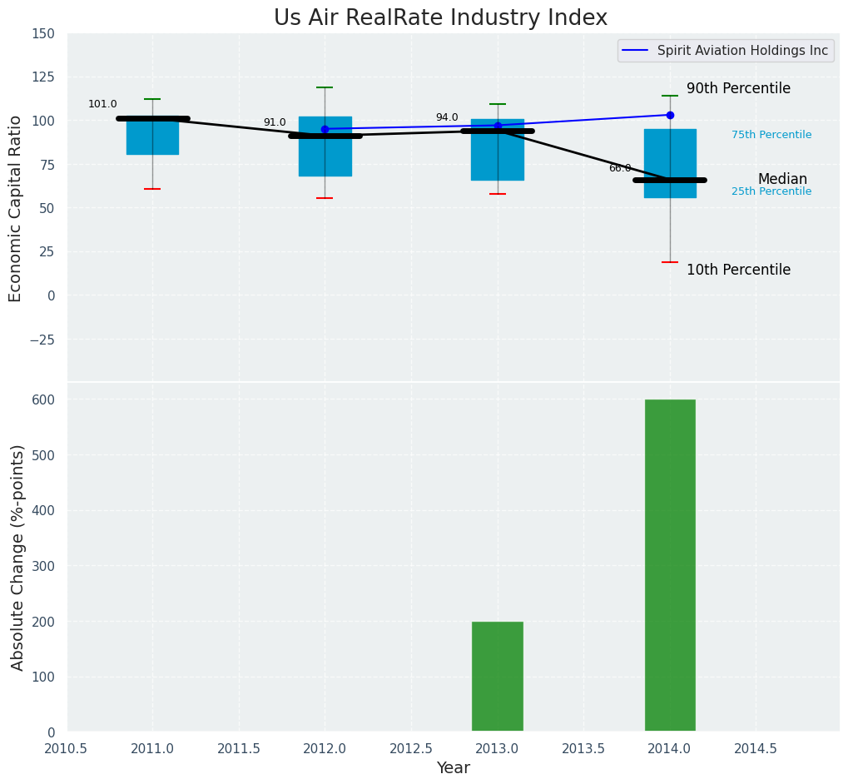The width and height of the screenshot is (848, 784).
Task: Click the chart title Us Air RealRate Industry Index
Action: tap(440, 18)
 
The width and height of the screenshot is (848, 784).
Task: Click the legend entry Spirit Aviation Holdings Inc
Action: tap(742, 51)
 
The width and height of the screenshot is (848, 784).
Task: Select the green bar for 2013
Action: tap(498, 676)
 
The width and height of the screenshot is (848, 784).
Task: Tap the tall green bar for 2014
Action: tap(670, 565)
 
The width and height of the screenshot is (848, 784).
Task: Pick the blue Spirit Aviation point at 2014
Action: tap(670, 115)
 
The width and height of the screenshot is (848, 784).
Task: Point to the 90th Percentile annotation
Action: tap(738, 89)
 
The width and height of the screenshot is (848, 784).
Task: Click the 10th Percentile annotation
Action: tap(738, 270)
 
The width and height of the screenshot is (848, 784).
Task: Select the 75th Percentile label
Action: tap(771, 135)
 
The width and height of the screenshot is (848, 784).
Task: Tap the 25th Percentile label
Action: tap(771, 191)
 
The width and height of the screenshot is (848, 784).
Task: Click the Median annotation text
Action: tap(782, 180)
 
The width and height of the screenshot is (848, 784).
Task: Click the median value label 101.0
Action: tap(102, 105)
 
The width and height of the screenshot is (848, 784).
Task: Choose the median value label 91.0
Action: tap(275, 123)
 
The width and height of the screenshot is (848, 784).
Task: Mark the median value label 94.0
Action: tap(447, 118)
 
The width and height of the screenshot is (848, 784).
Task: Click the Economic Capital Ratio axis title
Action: tap(16, 208)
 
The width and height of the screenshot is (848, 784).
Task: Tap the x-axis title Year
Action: tap(454, 768)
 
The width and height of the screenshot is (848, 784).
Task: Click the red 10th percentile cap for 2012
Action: tap(325, 198)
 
